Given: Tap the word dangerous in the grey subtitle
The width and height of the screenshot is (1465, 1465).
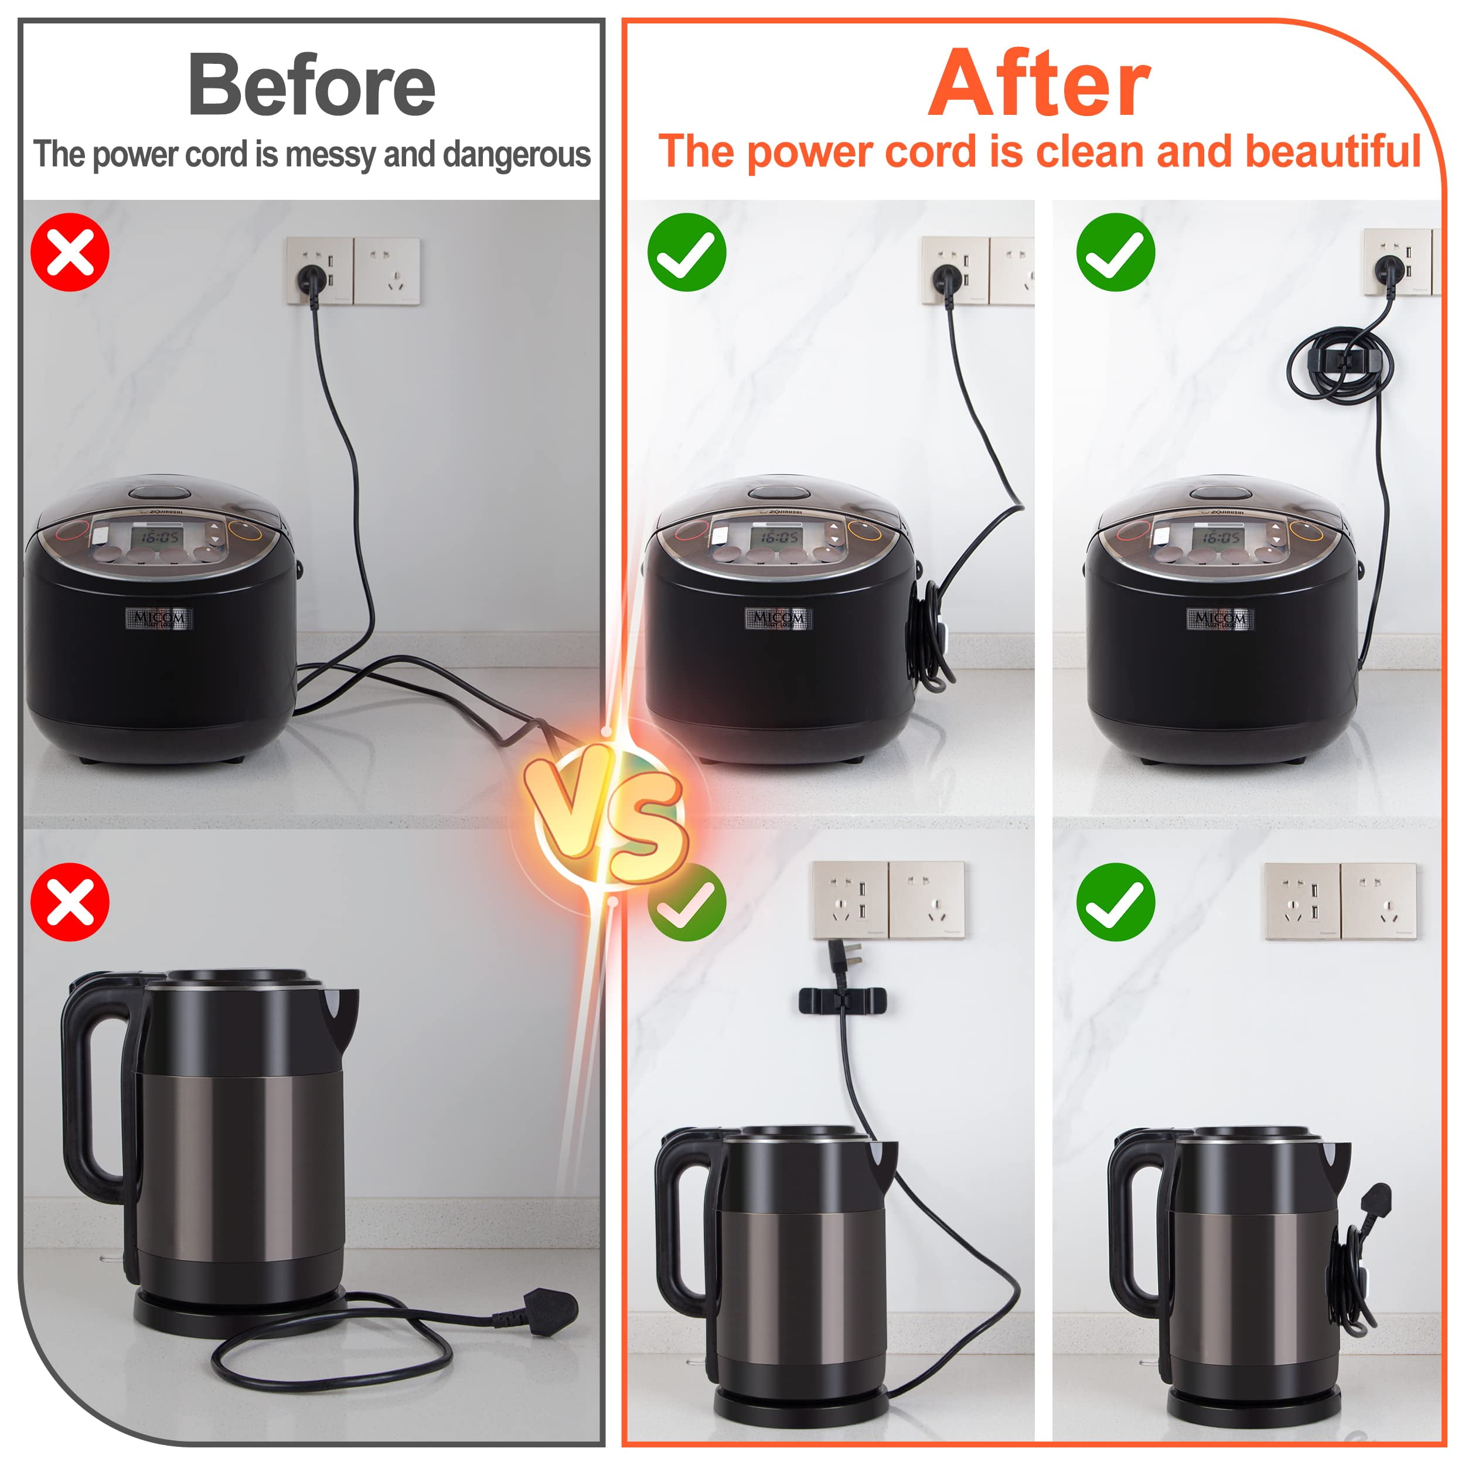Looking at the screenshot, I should coord(516,155).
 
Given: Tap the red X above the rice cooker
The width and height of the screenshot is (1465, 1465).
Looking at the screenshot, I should coord(70,252).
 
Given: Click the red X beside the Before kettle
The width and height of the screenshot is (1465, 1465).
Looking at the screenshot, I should coord(70,902).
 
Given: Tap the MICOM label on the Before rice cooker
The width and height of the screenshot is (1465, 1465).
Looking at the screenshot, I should coord(158,618).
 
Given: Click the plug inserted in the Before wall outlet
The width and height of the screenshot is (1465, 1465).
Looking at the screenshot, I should coord(312,278).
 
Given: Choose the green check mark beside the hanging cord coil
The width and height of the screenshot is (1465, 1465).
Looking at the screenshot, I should coord(1115,252).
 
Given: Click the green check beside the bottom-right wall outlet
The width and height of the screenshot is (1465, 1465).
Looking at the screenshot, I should coord(1115,902).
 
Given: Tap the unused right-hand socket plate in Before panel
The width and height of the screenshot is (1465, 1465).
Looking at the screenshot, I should coord(387,271).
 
